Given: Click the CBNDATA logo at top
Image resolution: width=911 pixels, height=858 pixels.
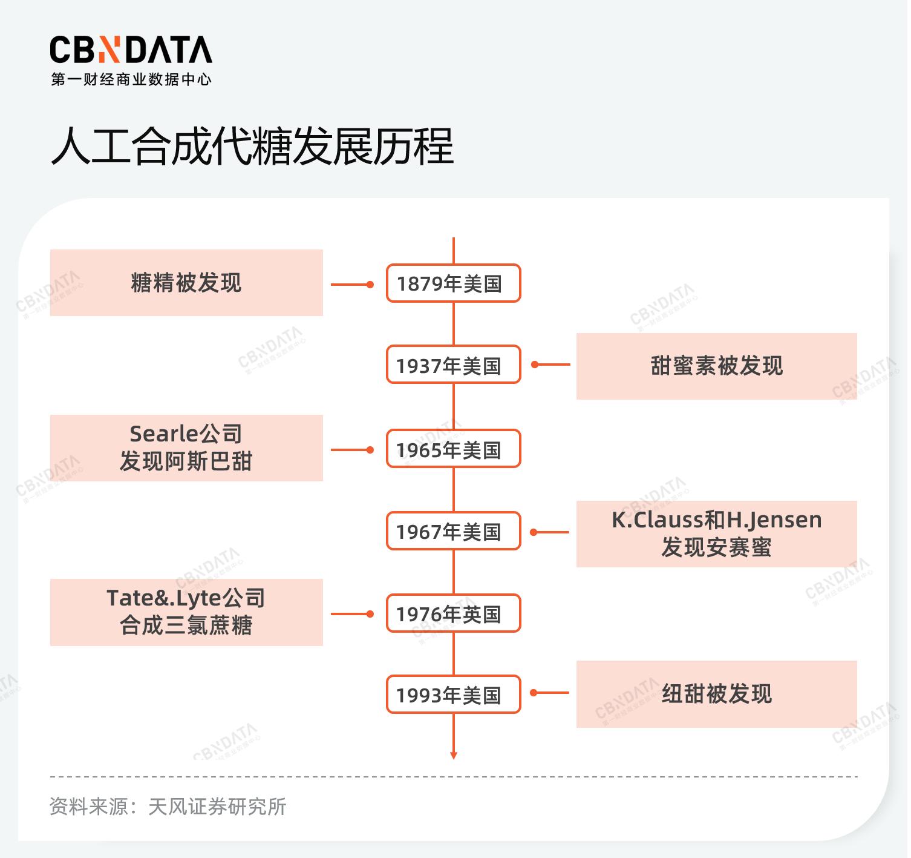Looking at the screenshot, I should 131,50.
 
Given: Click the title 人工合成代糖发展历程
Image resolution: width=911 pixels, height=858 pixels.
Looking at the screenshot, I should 252,147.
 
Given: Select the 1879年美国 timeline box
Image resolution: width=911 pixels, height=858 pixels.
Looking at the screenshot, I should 453,283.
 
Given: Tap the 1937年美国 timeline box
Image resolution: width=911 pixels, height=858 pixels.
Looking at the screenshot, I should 453,365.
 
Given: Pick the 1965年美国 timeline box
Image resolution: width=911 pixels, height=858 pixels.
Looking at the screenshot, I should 453,449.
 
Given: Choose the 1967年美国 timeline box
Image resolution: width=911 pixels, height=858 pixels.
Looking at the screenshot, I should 453,532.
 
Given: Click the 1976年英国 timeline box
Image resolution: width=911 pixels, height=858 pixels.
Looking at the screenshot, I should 453,614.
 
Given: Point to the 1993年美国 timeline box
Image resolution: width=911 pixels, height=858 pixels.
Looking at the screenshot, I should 453,695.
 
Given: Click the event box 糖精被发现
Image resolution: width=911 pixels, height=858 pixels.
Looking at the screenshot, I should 186,283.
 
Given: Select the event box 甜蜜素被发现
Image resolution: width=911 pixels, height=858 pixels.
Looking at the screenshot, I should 716,366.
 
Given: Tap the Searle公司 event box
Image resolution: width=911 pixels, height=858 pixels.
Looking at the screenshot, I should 186,448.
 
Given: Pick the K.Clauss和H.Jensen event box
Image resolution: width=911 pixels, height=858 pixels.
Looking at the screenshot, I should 716,534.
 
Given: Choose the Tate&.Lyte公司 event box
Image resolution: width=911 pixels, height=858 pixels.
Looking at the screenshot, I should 186,612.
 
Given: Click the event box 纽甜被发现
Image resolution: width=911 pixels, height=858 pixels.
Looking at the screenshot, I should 716,694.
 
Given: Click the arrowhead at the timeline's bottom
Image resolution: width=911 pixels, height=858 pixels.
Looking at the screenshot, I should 454,754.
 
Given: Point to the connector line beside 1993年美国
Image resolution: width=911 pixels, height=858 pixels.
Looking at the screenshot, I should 550,693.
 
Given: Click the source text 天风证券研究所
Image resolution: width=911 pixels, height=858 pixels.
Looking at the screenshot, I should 217,807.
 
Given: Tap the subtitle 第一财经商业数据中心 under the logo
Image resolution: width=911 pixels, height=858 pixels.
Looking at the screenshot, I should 131,79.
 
